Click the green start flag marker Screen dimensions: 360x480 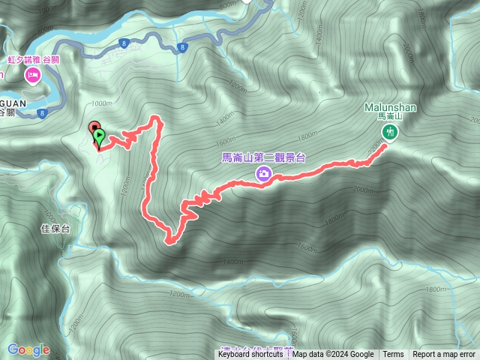point(100,136)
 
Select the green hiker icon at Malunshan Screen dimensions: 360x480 point(389,132)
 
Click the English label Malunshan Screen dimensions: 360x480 point(391,107)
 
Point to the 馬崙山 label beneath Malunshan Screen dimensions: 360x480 point(390,117)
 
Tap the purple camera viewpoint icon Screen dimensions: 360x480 point(264,174)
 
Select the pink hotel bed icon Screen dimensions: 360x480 point(33,75)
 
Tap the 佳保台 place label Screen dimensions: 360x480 point(55,229)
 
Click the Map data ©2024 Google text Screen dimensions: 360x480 point(333,355)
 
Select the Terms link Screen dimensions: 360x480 point(393,355)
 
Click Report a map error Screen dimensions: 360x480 point(444,355)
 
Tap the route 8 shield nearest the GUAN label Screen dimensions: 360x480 point(43,113)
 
